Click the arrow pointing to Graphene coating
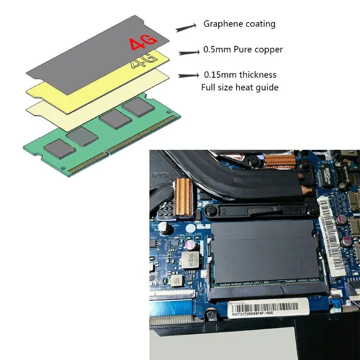pos(186,28)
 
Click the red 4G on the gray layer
pos(143,43)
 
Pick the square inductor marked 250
pos(189,259)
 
